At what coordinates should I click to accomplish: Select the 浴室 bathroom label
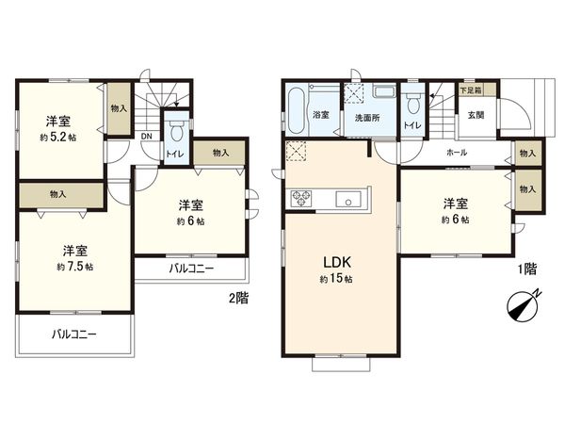321,116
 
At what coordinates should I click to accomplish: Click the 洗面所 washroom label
367,120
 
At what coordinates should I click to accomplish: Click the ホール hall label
457,152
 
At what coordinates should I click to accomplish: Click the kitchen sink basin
345,200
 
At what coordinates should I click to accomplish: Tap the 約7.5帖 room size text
75,267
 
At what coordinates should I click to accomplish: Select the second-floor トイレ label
174,154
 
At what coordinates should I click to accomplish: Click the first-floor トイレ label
412,124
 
